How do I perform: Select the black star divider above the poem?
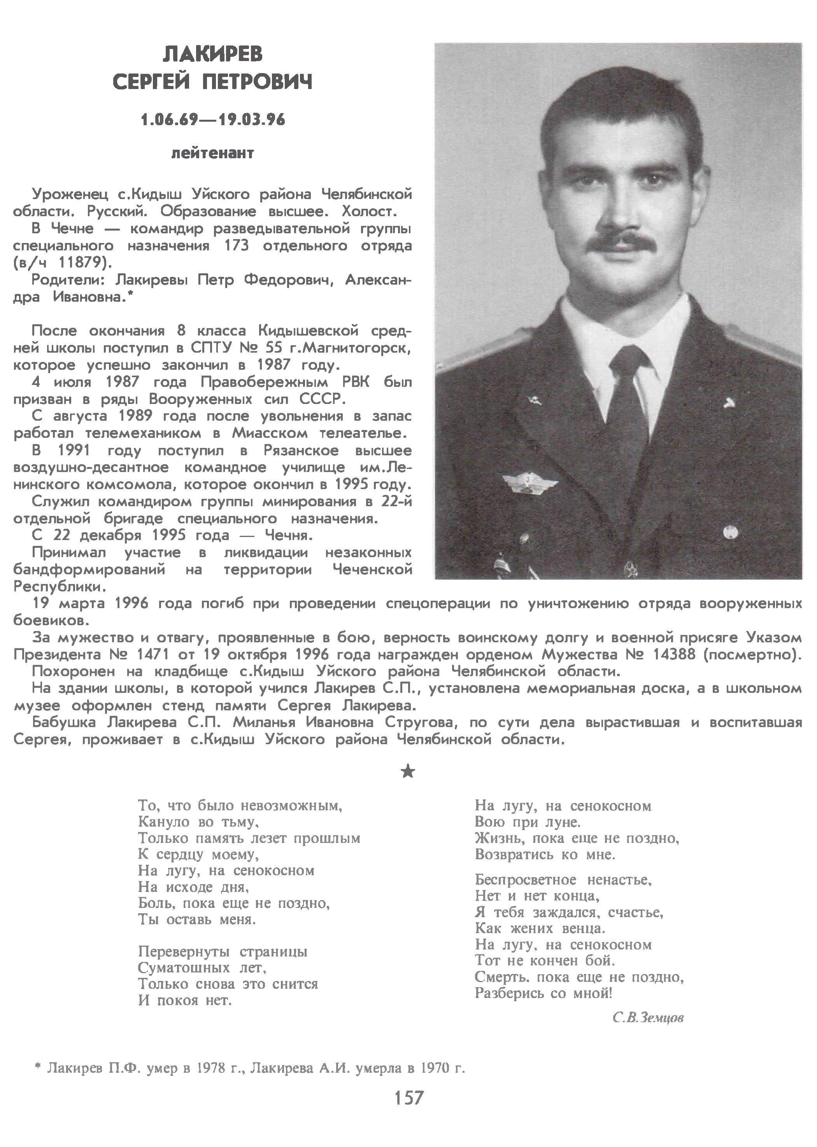pos(408,771)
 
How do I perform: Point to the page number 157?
pos(408,1097)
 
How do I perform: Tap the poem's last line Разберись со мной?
pos(544,993)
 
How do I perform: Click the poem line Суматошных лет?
pos(202,967)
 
